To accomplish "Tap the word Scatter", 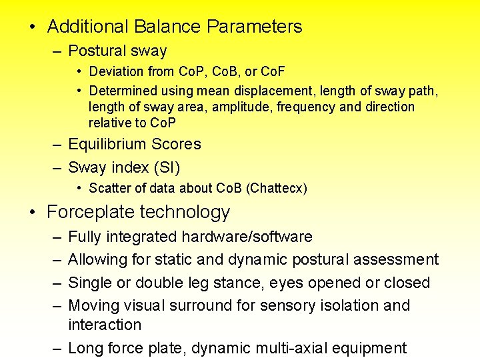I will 109,188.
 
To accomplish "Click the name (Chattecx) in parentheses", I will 277,188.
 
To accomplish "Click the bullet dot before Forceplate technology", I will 33,213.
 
